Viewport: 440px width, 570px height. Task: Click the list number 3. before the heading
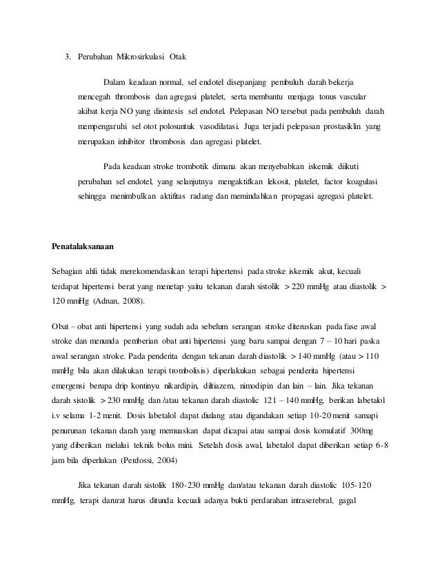point(68,55)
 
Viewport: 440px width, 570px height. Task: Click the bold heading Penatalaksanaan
point(83,245)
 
